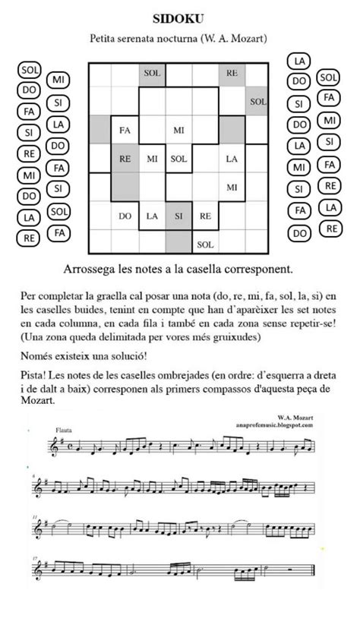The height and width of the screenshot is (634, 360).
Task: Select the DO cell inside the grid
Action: click(x=125, y=216)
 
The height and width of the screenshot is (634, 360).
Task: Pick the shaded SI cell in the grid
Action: click(x=178, y=216)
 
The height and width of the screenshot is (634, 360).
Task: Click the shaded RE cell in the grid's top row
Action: click(x=232, y=74)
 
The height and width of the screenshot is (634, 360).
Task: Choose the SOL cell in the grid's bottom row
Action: click(x=205, y=244)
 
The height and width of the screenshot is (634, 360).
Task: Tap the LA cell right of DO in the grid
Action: click(x=152, y=216)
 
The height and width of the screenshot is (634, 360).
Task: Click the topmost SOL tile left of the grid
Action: click(x=30, y=71)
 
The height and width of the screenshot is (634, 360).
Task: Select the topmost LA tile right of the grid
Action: click(x=300, y=61)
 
